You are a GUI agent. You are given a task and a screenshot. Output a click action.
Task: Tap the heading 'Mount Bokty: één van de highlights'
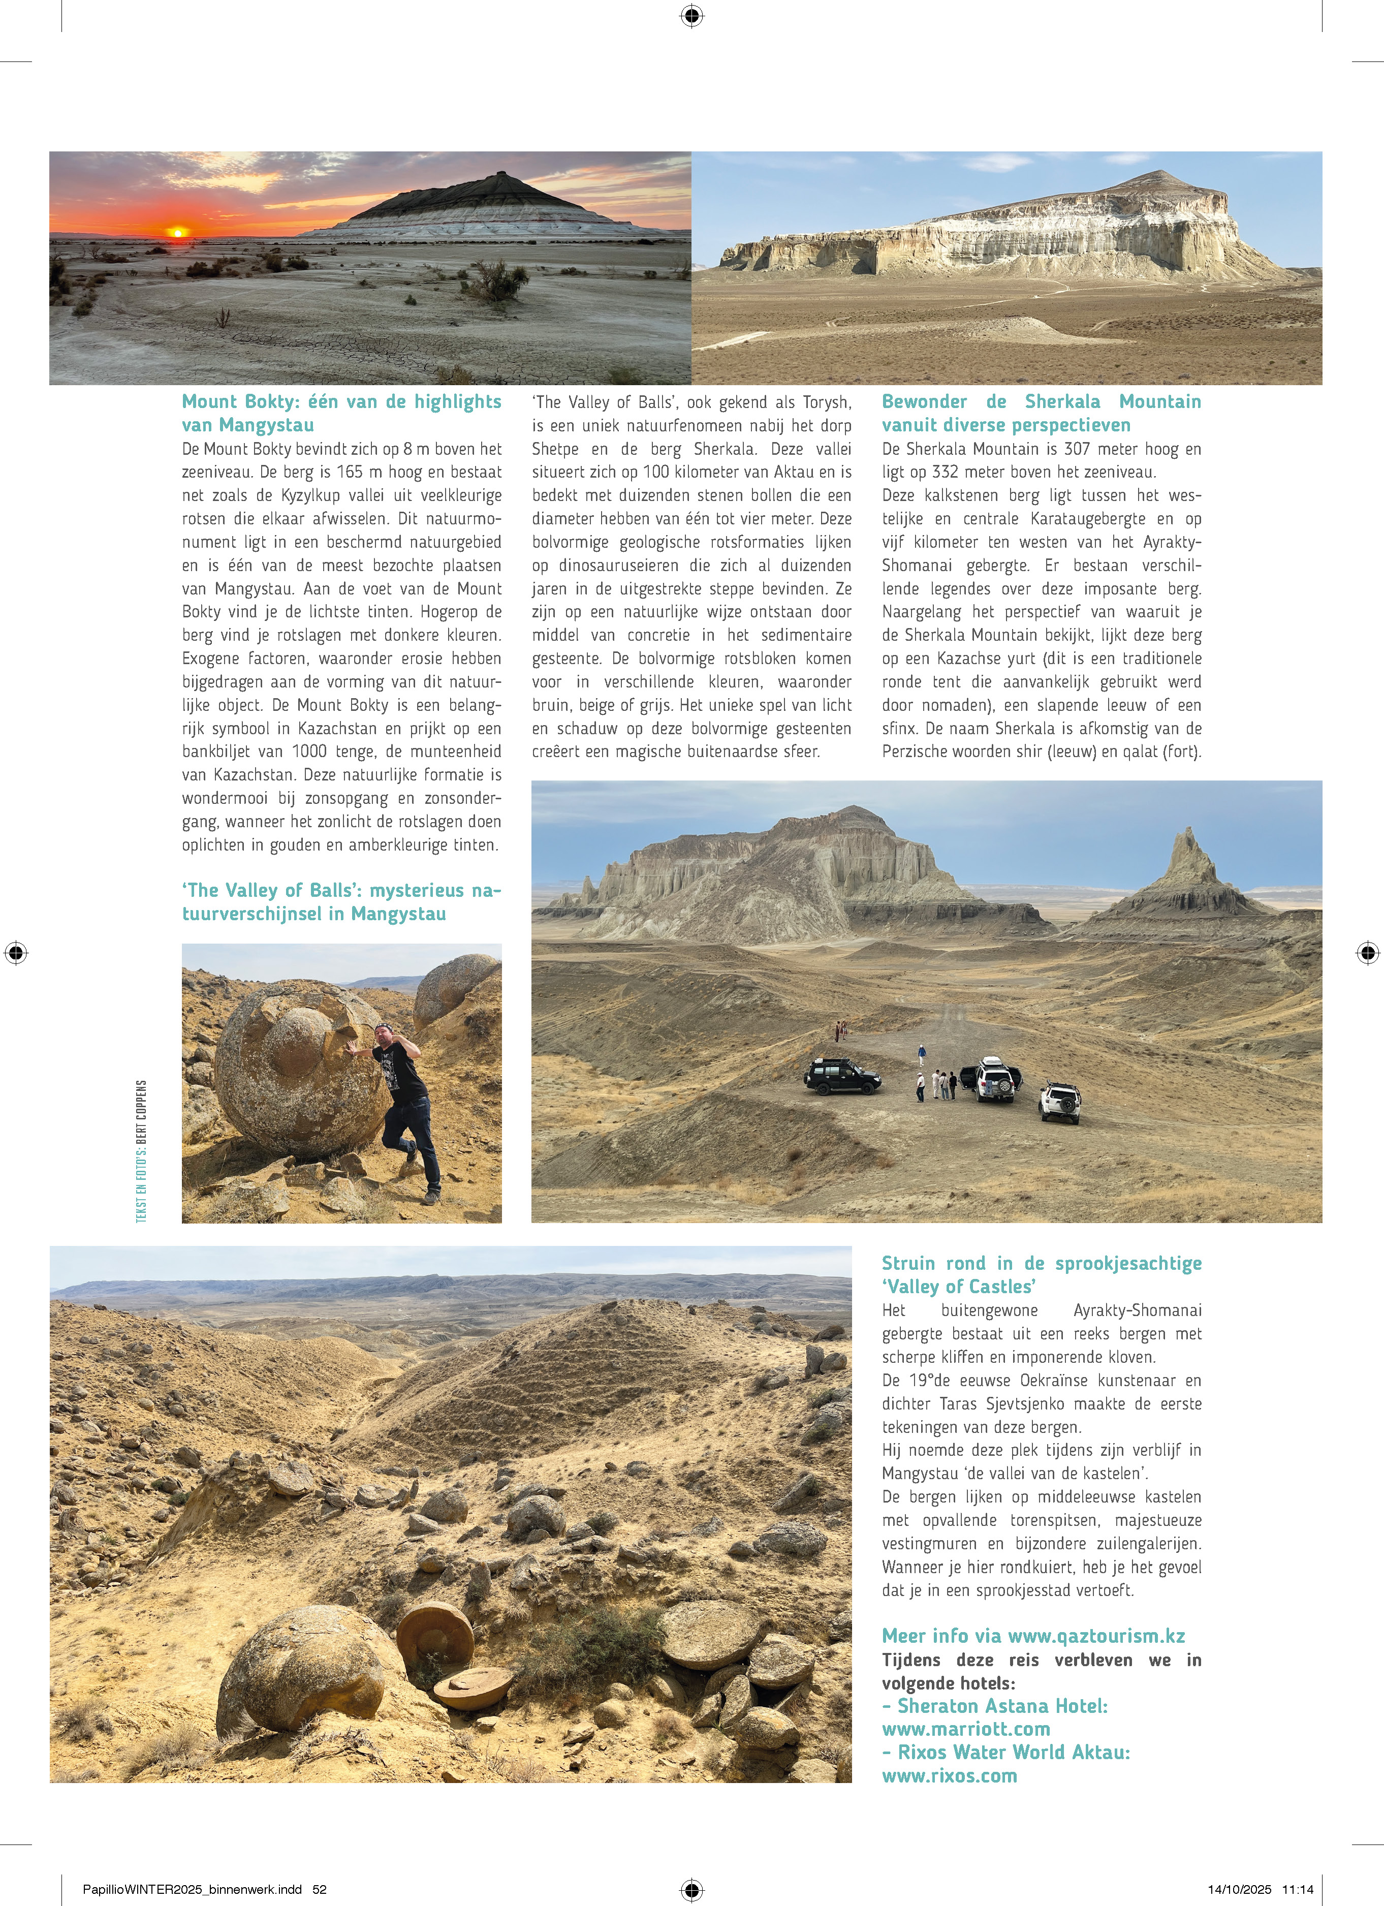(341, 402)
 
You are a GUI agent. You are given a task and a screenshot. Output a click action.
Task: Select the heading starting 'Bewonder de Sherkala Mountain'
(1041, 402)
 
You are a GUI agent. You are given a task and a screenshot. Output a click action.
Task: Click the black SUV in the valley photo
(842, 1076)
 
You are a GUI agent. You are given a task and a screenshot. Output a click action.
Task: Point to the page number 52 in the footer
(319, 1889)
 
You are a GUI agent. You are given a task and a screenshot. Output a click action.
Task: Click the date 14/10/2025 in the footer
(1240, 1889)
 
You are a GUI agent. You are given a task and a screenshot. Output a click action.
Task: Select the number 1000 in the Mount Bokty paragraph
(309, 752)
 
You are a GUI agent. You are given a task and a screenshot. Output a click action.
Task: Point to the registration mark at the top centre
(691, 15)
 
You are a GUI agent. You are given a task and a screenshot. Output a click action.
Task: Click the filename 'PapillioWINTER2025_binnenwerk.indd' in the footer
(192, 1889)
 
